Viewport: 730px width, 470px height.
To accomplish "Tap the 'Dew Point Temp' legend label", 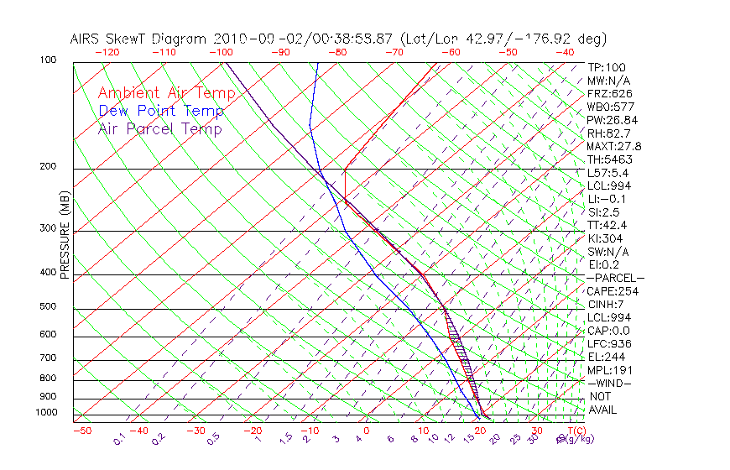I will click(x=161, y=112).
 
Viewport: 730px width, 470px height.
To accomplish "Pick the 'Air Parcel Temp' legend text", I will click(x=160, y=129).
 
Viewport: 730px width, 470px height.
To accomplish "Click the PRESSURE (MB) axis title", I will click(x=65, y=236).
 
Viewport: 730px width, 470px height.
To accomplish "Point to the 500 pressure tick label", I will click(x=48, y=307).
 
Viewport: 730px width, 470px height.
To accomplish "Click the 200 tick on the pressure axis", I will click(x=48, y=167).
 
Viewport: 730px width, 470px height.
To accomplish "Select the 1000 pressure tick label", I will click(x=45, y=413).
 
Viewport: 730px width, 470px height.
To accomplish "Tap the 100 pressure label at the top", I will click(x=48, y=60).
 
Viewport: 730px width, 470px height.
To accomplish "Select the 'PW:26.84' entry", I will click(x=613, y=120).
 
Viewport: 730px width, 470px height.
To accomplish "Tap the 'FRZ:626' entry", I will click(x=610, y=93).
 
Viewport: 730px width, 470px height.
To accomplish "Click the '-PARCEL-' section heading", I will click(x=615, y=278).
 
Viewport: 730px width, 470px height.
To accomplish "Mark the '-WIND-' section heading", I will click(x=610, y=383).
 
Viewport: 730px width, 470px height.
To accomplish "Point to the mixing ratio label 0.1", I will click(x=120, y=439).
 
